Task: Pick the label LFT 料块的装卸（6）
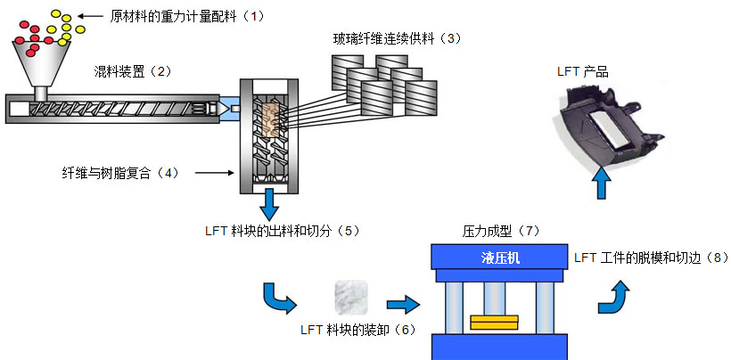coord(357,330)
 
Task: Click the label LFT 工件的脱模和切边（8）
coord(652,258)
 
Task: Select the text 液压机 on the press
coord(500,258)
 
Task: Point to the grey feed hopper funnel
coord(41,61)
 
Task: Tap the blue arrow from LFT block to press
coord(403,305)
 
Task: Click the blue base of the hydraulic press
coord(501,348)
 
